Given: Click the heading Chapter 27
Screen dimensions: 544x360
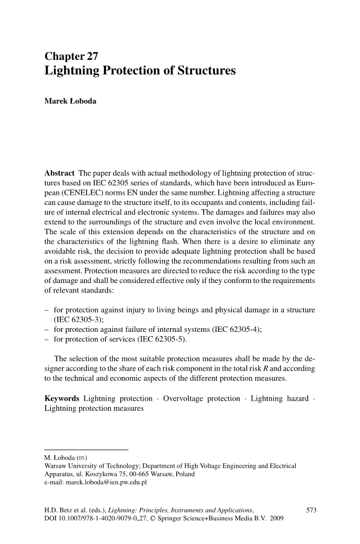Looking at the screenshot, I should pyautogui.click(x=71, y=56).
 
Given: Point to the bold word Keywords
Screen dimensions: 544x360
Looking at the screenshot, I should pyautogui.click(x=61, y=399).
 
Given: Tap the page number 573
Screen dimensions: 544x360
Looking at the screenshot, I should pyautogui.click(x=312, y=510).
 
